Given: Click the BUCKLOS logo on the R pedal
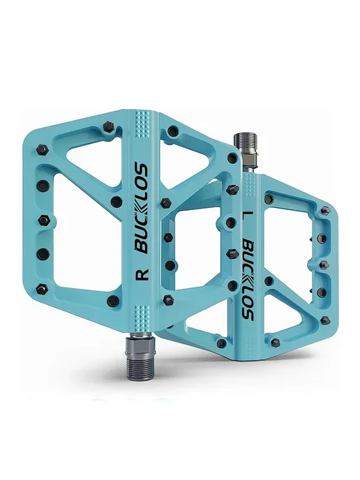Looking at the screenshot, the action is [142, 209].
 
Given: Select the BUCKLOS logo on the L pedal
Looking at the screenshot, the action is [248, 279].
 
